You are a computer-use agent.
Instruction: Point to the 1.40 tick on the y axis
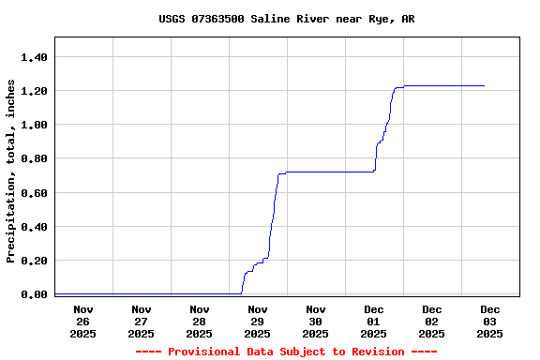point(34,57)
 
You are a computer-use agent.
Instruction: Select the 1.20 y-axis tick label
point(34,91)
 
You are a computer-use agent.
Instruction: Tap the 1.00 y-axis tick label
point(34,125)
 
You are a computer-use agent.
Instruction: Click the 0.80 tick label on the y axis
point(34,158)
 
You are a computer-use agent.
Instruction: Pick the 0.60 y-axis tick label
point(34,193)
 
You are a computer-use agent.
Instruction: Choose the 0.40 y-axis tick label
point(34,227)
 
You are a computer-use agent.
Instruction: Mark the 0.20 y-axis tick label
point(34,261)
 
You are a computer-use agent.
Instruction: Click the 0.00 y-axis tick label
point(34,294)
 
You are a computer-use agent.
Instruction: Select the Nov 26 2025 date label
point(83,322)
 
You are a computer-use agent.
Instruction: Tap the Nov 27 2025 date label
point(142,322)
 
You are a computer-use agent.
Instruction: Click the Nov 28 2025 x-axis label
point(200,322)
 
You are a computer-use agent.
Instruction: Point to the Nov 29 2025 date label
point(258,322)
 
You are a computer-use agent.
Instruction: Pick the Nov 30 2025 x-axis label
point(316,322)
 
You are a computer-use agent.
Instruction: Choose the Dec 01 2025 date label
point(374,322)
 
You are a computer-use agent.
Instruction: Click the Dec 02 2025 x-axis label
point(432,322)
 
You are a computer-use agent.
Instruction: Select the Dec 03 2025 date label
point(490,322)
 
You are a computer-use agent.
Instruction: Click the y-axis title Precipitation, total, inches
point(11,171)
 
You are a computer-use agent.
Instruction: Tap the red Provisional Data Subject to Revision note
point(286,352)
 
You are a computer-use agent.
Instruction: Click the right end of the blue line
point(484,85)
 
